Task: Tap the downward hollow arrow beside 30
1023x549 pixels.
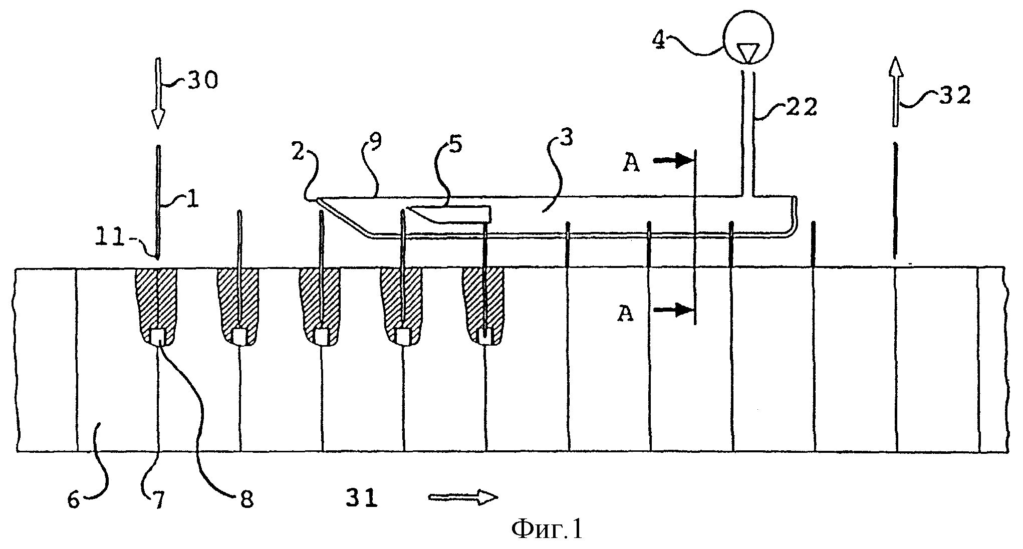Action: point(157,93)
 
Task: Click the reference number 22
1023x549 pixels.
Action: point(800,106)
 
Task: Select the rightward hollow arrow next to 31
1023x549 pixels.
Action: point(463,497)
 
